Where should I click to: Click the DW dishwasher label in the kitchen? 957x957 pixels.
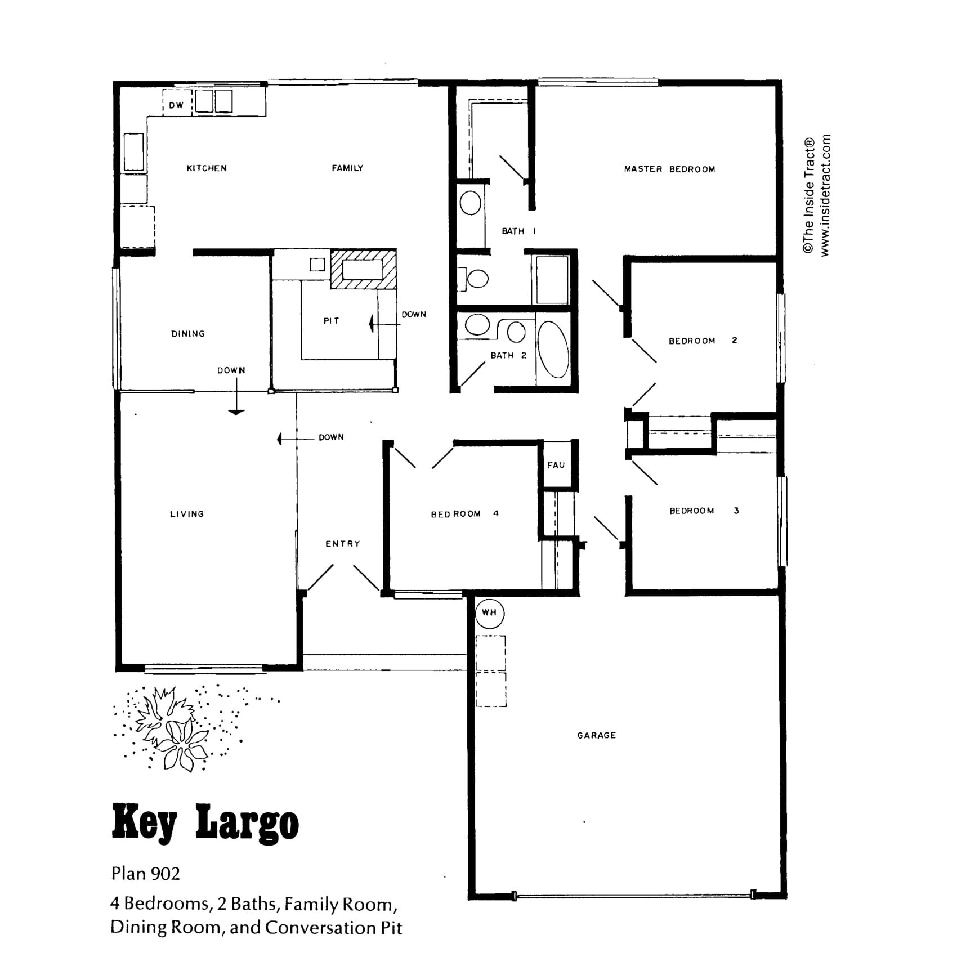point(176,105)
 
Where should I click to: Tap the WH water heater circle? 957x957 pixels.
point(489,612)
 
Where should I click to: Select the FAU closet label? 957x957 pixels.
point(556,465)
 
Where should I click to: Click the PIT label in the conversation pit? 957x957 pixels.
point(331,321)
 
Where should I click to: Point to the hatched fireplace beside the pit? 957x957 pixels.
point(364,270)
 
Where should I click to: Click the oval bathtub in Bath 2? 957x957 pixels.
point(553,350)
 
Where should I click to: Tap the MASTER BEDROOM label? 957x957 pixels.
point(669,169)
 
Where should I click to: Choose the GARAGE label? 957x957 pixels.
point(596,735)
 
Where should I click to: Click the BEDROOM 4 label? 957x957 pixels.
point(464,514)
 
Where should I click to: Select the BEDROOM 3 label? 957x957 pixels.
point(704,511)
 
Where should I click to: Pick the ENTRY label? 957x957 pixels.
point(342,544)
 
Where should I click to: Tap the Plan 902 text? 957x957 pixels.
point(145,873)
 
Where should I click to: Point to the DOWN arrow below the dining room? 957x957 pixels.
point(236,396)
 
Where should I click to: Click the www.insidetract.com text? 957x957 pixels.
point(825,195)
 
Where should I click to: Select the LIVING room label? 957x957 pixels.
point(187,514)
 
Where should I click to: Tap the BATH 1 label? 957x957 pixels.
point(518,231)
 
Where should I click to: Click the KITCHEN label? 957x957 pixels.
point(207,168)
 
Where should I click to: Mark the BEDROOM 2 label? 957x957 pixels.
point(703,341)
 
